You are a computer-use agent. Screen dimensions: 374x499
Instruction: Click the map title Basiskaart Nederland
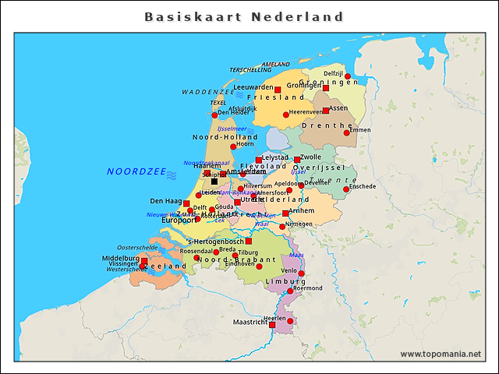[x=244, y=16]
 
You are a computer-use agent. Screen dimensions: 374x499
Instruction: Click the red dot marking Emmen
[x=347, y=132]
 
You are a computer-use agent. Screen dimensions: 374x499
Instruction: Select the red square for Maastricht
[x=272, y=324]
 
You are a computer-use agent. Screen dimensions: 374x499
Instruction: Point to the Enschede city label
[x=363, y=186]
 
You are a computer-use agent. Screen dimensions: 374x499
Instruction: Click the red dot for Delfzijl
[x=348, y=76]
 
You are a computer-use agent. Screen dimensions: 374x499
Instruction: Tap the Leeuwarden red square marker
[x=278, y=90]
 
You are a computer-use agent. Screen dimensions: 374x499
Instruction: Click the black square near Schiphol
[x=214, y=182]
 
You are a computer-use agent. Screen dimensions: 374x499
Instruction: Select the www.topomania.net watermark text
[x=441, y=354]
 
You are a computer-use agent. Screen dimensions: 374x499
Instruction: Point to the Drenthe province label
[x=327, y=125]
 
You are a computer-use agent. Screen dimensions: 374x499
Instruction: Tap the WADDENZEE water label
[x=208, y=92]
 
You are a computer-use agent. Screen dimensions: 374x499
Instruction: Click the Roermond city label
[x=307, y=288]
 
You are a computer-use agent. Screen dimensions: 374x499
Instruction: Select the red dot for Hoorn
[x=233, y=146]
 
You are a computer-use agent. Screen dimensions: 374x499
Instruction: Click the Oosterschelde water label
[x=137, y=247]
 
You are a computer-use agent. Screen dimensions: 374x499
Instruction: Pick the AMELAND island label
[x=276, y=64]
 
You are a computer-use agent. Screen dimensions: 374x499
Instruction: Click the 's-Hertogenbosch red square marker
[x=249, y=242]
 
